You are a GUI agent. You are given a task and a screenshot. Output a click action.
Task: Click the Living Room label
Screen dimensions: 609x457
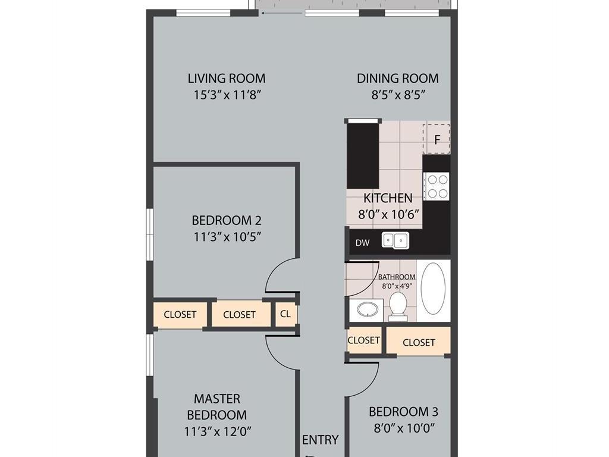coord(227,79)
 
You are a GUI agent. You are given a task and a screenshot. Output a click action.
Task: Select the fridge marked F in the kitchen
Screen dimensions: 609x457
coord(437,139)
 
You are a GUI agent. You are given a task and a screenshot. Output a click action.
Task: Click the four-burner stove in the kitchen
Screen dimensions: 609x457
coord(437,186)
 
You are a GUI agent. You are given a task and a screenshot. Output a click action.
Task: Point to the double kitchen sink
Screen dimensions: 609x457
coord(395,240)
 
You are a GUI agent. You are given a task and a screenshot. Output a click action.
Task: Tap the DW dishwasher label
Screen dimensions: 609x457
coord(362,243)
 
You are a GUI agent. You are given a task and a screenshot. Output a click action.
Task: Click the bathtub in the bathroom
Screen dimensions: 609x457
coord(433,289)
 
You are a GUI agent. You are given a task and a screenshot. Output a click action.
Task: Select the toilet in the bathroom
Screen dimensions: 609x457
coord(398,306)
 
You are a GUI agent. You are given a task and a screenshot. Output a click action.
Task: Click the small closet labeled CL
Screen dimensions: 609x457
coord(285,314)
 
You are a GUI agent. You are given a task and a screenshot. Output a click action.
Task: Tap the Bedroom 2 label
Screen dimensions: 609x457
coord(227,220)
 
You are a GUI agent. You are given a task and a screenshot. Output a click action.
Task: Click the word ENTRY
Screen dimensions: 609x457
coord(321,440)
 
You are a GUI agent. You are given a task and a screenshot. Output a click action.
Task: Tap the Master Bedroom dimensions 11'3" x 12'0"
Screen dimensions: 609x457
coord(218,431)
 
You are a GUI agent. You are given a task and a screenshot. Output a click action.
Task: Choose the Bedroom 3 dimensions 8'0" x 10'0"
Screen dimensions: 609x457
coord(404,428)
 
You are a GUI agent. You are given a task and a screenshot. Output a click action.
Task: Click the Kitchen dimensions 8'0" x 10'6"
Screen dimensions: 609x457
coord(388,214)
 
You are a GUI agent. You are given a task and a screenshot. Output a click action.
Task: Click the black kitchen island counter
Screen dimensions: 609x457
coord(363,155)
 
